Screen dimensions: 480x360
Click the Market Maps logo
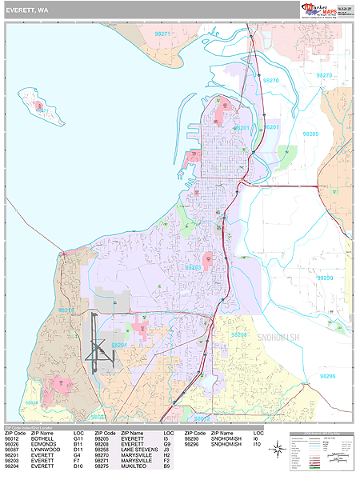pos(322,10)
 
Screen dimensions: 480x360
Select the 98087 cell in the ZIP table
pos(14,451)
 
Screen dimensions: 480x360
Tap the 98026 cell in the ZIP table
pos(14,445)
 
